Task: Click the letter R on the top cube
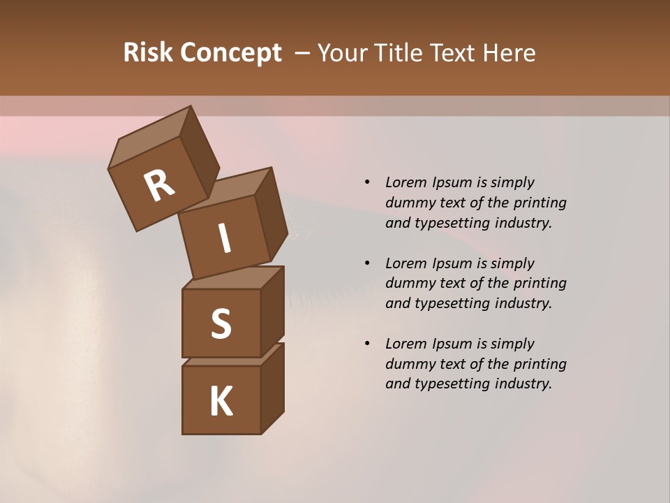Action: tap(159, 186)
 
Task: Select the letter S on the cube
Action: tap(221, 324)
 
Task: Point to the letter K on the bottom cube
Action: tap(221, 402)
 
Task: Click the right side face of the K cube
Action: tap(272, 388)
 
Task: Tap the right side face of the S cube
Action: tap(272, 311)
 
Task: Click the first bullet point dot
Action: tap(367, 183)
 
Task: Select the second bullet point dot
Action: tap(367, 263)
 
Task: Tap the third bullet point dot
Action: tap(367, 344)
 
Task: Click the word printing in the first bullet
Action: tap(539, 203)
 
